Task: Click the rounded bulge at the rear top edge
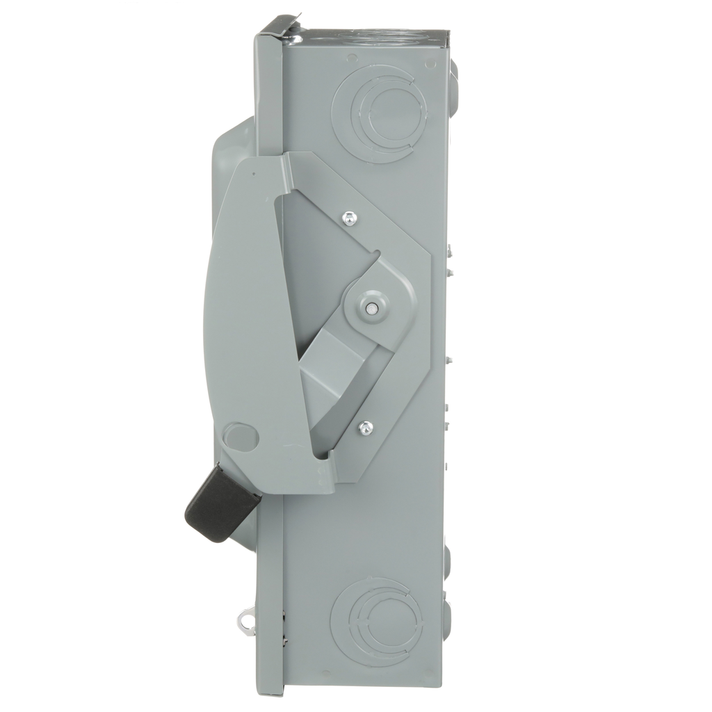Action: pyautogui.click(x=453, y=73)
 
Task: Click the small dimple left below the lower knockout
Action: pyautogui.click(x=326, y=672)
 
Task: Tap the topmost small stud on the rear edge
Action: pyautogui.click(x=451, y=248)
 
